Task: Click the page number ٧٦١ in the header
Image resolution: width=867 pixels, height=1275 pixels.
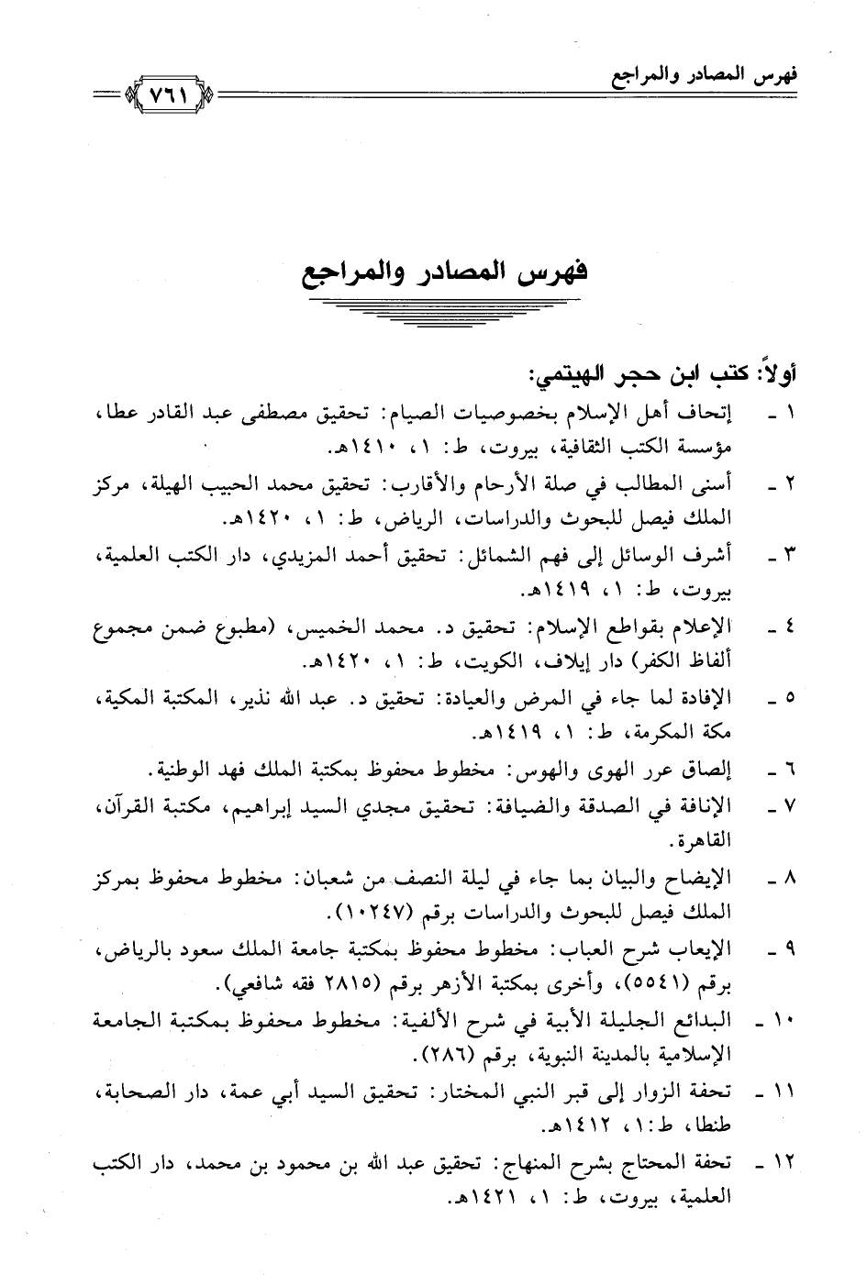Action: click(x=169, y=94)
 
